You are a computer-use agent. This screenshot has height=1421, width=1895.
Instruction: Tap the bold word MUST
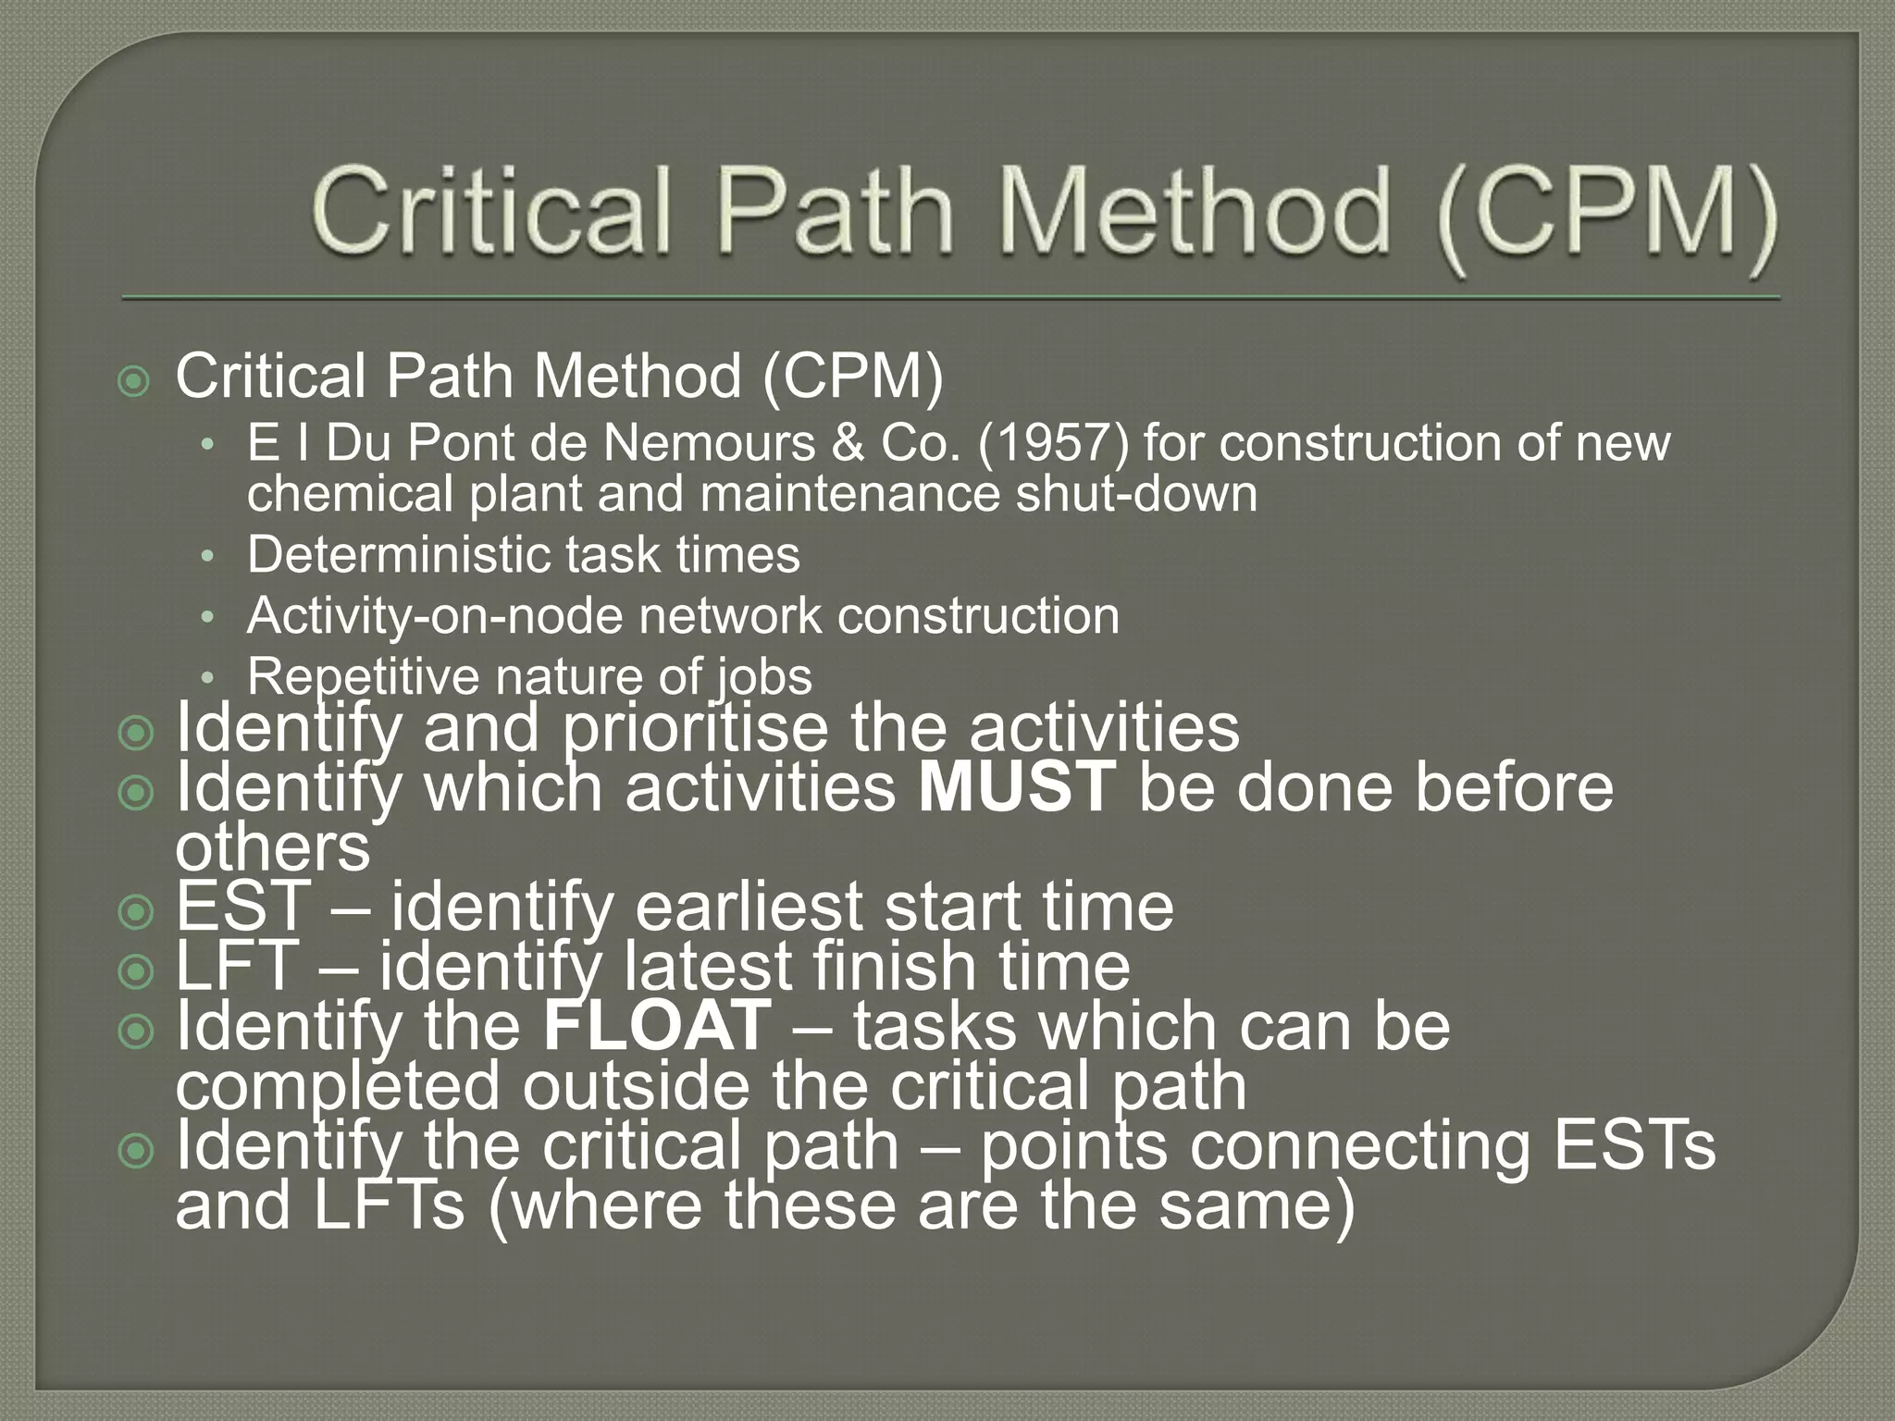1017,787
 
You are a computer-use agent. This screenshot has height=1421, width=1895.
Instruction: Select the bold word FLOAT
657,1026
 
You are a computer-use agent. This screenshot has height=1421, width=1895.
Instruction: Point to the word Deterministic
399,555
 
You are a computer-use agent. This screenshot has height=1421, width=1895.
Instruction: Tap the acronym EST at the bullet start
242,907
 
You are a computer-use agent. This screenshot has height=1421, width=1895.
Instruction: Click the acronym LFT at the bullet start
237,966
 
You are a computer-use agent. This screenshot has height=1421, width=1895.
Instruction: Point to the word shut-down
1137,493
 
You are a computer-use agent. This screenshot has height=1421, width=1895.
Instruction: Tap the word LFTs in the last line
389,1205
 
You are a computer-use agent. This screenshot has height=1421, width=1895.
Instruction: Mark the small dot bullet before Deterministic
209,557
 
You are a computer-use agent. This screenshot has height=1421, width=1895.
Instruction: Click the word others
272,847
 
